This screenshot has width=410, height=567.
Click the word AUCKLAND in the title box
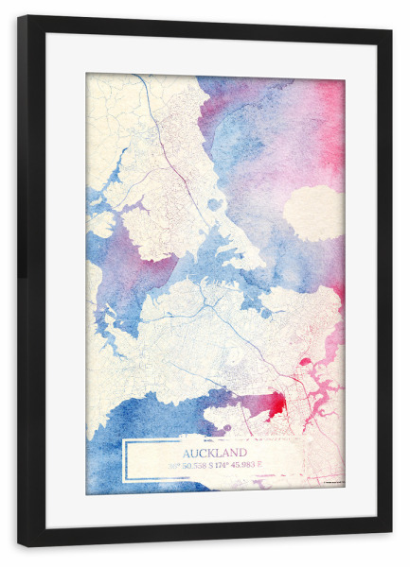pos(215,453)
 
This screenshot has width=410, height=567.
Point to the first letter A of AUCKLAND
pos(187,453)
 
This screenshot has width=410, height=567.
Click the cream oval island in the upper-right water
pos(312,213)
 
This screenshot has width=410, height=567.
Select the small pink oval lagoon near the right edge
pos(305,361)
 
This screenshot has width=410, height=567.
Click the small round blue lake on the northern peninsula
pos(215,204)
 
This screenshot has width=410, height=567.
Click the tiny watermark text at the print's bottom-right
pos(331,484)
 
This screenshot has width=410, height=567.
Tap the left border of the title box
pos(125,459)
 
